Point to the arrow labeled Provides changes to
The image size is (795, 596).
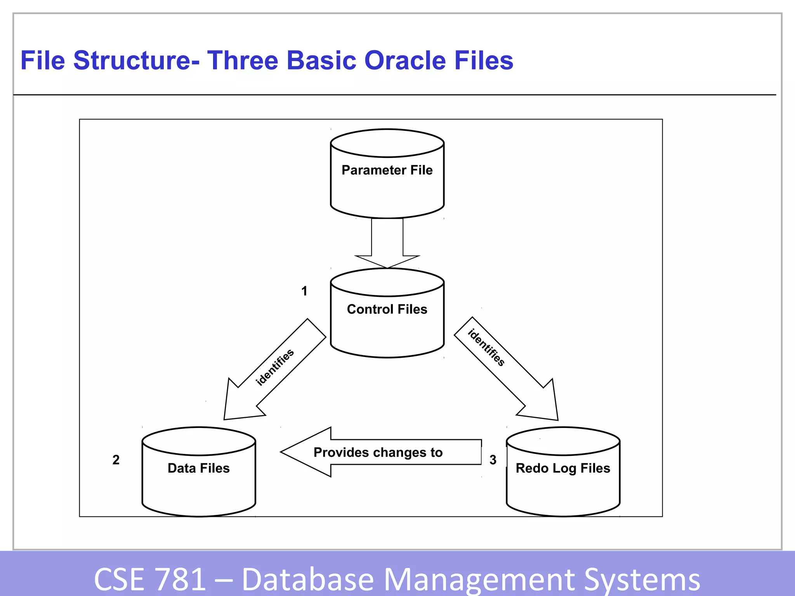tap(380, 452)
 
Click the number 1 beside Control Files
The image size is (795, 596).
tap(304, 291)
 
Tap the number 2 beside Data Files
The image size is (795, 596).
tap(116, 460)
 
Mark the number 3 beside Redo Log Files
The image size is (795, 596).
tap(493, 460)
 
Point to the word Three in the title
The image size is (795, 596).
tap(243, 61)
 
